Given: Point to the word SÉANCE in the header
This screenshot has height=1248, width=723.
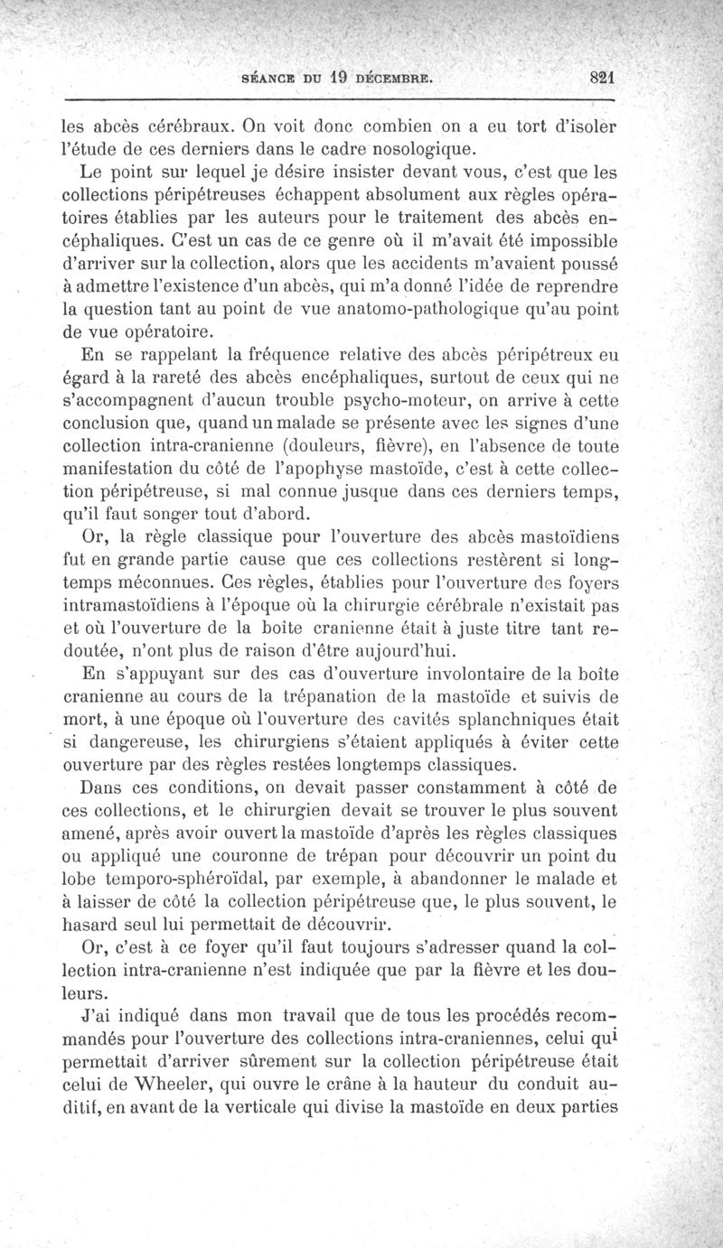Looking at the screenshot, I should pyautogui.click(x=268, y=79).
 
